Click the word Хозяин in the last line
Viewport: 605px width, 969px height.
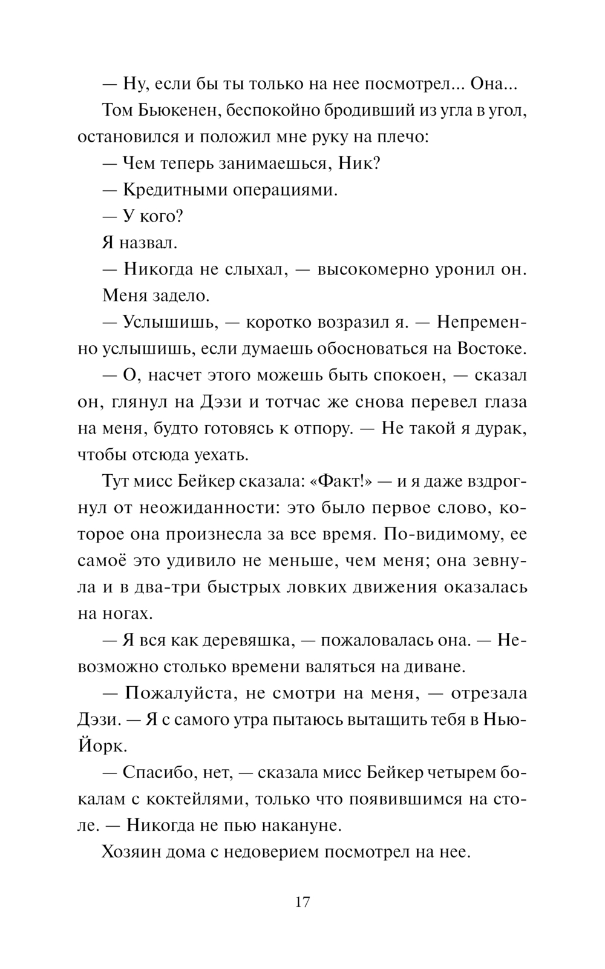click(x=130, y=853)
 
